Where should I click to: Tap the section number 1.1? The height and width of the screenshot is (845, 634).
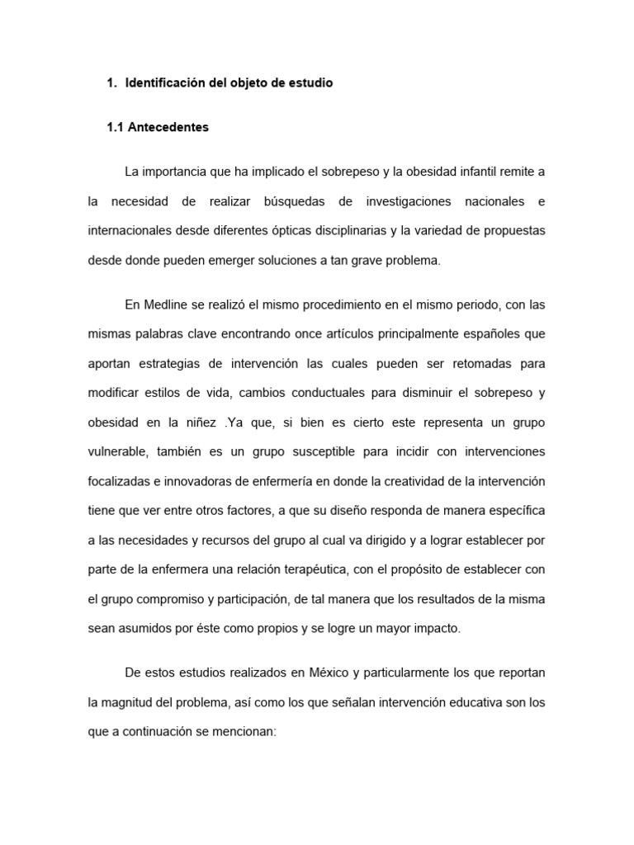(x=117, y=128)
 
